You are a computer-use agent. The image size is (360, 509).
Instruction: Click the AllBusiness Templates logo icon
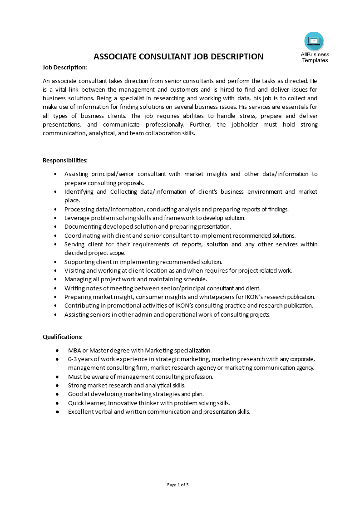coord(314,41)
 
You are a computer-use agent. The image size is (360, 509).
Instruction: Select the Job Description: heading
coord(64,67)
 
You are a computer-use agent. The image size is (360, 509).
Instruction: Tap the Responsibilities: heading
coord(65,160)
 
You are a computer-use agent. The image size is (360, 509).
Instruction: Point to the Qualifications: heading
coord(63,337)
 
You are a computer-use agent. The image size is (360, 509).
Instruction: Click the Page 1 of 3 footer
coord(178,485)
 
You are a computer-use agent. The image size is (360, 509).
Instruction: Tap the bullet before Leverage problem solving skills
coord(55,218)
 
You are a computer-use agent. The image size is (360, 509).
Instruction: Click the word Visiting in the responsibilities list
coord(75,270)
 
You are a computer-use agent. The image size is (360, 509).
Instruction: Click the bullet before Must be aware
coord(57,377)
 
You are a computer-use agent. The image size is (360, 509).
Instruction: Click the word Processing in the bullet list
coord(80,209)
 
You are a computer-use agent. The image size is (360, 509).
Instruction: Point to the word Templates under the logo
coord(315,60)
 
